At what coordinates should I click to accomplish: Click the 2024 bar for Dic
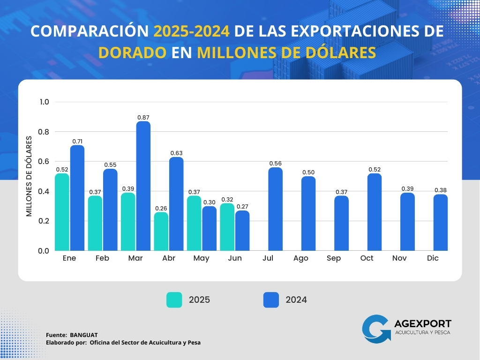440,223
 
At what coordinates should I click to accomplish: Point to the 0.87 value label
143,117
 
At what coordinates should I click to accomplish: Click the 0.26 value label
161,208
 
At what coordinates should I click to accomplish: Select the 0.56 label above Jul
275,163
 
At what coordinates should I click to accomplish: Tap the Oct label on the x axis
367,258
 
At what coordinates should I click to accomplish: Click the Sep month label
334,258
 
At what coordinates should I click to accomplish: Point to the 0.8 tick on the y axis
44,132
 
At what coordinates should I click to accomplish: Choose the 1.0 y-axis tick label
44,102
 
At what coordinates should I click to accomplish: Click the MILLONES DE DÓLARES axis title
29,176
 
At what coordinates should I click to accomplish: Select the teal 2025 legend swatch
174,300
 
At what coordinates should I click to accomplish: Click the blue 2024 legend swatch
271,300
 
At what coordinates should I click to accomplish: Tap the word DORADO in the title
132,52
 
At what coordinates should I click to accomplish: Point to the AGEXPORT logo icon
376,328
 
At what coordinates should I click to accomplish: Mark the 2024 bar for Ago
308,213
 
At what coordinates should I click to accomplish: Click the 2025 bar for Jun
227,227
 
